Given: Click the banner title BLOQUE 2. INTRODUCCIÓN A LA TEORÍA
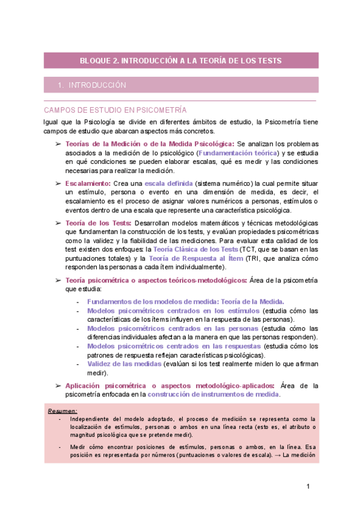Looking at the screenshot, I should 181,60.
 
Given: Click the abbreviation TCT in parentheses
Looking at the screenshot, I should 248,249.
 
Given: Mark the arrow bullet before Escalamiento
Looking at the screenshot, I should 58,183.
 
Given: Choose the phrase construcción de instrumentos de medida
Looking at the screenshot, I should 214,394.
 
